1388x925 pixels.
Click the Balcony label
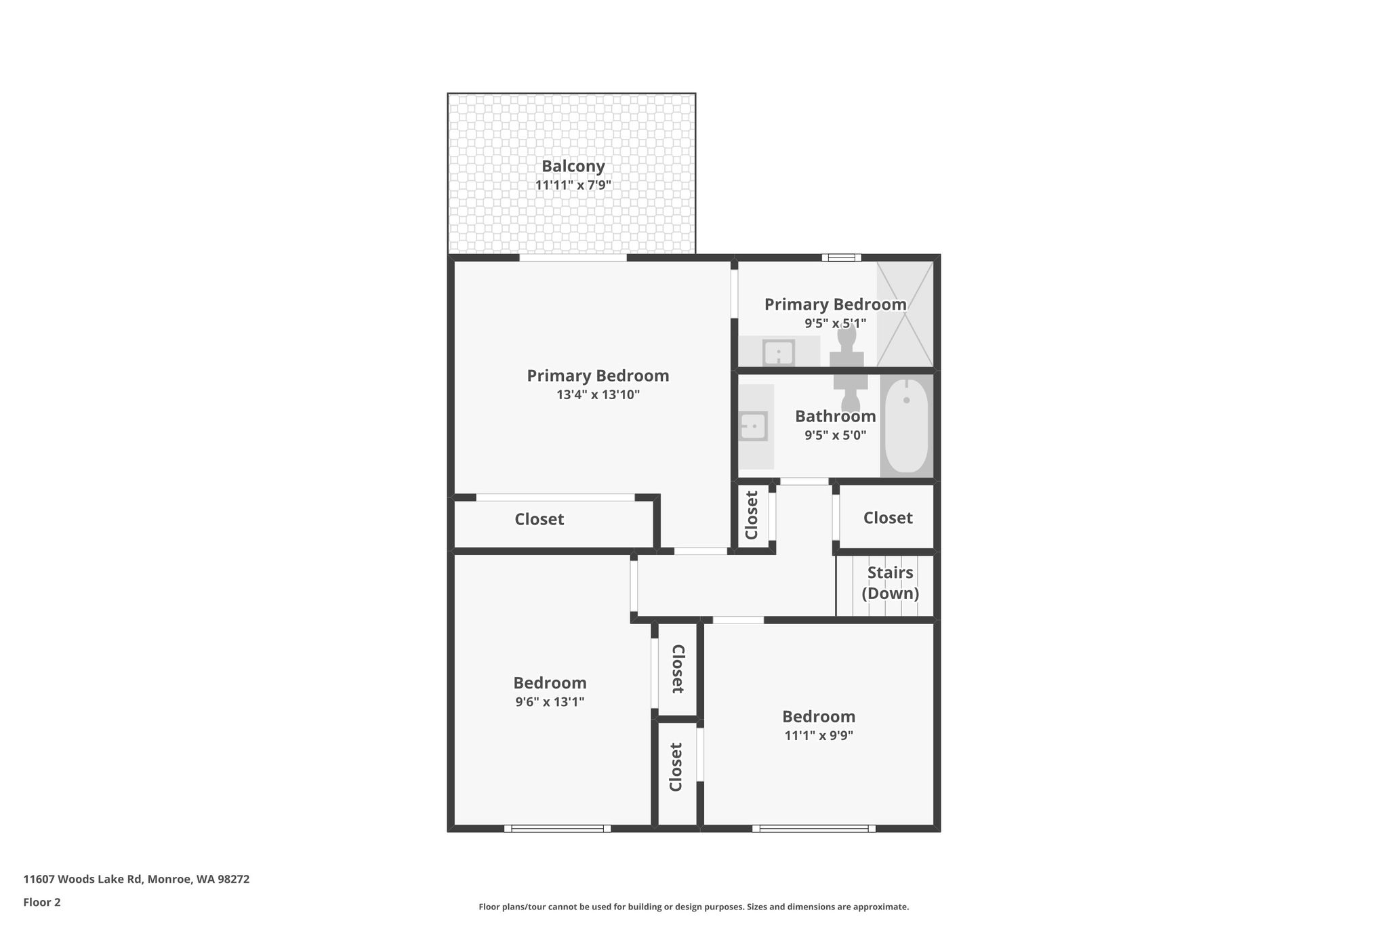573,167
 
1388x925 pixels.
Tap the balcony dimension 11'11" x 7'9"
573,185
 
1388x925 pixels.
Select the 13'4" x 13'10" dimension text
598,394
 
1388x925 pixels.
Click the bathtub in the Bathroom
907,426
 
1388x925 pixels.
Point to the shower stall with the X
905,314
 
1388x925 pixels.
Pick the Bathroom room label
836,416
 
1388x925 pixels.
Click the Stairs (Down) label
891,583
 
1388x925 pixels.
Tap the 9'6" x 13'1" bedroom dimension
550,702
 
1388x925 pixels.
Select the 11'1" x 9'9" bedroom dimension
819,735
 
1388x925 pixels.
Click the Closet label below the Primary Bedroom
539,519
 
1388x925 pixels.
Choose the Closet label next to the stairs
888,518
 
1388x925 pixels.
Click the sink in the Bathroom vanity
754,426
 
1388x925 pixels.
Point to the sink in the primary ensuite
779,352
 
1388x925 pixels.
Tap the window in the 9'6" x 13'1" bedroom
557,828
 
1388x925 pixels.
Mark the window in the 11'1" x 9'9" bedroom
813,828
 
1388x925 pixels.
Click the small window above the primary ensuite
842,258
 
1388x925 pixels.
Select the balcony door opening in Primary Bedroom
573,258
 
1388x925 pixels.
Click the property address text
136,879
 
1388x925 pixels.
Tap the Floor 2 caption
42,902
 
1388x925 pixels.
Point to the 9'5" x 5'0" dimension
836,435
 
